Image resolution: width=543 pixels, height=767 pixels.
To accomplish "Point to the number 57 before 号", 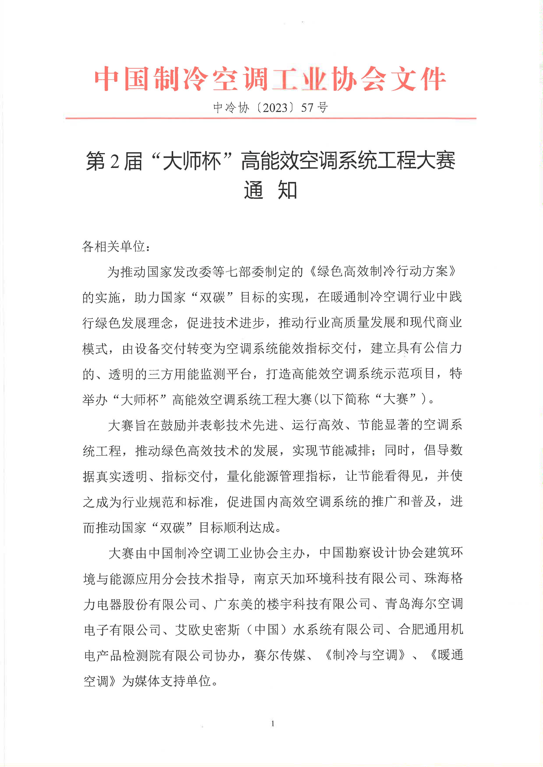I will click(x=307, y=108).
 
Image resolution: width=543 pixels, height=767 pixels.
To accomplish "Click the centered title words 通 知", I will click(x=270, y=191).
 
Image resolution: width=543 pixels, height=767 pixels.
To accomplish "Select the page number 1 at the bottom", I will click(x=273, y=724).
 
